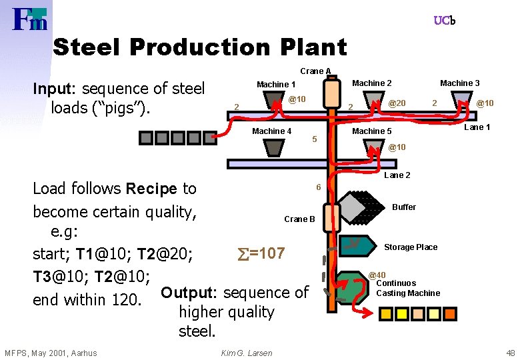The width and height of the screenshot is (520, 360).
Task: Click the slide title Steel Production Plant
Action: click(199, 47)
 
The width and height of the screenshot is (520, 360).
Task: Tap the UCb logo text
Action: click(444, 21)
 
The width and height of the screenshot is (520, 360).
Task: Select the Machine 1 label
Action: click(276, 85)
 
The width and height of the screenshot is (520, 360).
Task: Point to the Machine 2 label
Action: click(371, 83)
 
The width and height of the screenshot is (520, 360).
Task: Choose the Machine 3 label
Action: click(459, 83)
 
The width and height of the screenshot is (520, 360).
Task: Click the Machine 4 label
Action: click(271, 131)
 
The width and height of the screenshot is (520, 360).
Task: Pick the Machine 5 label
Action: click(371, 131)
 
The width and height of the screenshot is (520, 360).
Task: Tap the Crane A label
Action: click(315, 71)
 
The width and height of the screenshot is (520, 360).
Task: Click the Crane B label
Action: click(299, 219)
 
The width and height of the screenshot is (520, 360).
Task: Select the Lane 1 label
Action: click(477, 127)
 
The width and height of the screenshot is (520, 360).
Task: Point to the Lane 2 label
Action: click(397, 175)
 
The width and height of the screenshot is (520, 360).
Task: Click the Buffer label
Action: click(404, 207)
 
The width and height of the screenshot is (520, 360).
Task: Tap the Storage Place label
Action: click(411, 247)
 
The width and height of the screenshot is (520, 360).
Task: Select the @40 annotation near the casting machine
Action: click(377, 275)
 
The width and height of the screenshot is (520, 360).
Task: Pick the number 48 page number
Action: click(511, 353)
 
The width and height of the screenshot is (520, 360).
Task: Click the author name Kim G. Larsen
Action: click(246, 353)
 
